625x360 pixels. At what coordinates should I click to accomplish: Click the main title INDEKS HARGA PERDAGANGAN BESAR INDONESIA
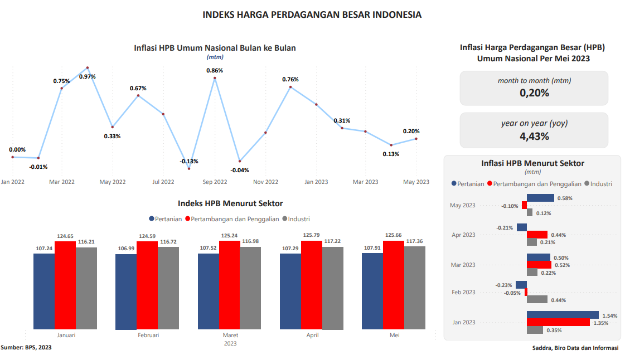click(x=312, y=14)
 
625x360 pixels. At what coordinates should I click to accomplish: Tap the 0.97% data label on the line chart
click(x=88, y=76)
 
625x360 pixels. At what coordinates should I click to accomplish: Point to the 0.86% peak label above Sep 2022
click(x=215, y=71)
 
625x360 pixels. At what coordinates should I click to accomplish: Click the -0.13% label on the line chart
click(x=189, y=161)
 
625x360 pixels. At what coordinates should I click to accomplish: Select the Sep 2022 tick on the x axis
click(x=215, y=182)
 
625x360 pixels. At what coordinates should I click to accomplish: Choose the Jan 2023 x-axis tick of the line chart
click(x=316, y=182)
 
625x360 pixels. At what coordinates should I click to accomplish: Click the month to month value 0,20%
click(x=534, y=93)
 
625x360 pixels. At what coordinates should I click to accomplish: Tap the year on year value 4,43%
click(x=534, y=136)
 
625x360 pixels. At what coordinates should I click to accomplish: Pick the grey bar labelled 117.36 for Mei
click(x=415, y=287)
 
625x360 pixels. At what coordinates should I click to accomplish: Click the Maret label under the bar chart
click(x=230, y=335)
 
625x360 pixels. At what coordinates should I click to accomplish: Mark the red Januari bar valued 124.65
click(x=65, y=284)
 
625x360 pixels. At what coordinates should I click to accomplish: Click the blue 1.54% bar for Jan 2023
click(x=563, y=315)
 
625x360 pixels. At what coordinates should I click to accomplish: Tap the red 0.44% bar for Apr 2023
click(x=537, y=235)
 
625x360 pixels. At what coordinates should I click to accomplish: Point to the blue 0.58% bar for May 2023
click(x=540, y=198)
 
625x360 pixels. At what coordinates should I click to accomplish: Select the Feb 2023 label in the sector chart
click(x=463, y=292)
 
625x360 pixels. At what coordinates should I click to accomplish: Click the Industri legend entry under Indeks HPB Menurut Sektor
click(x=296, y=219)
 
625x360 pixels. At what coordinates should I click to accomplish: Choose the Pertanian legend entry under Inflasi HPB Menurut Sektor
click(x=468, y=184)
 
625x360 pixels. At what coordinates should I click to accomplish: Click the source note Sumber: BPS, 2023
click(x=26, y=348)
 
